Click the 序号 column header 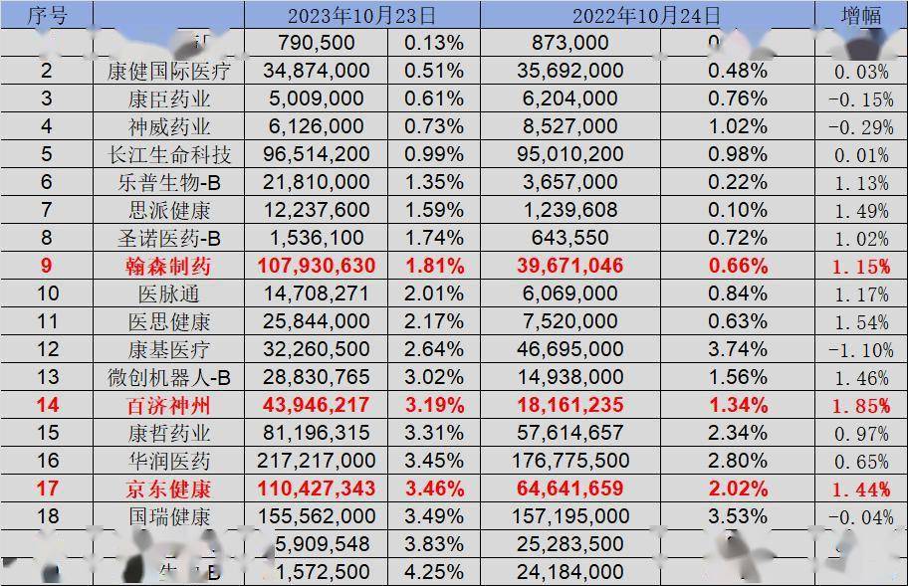(x=46, y=15)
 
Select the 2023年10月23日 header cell (x=361, y=15)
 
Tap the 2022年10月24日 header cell (x=646, y=15)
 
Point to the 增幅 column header (x=861, y=15)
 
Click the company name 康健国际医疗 (x=169, y=71)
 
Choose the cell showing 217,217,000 (x=317, y=461)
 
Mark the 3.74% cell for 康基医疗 (x=737, y=350)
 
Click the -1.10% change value (x=860, y=351)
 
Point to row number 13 (x=47, y=377)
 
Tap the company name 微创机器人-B (x=169, y=377)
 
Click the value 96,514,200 (x=317, y=155)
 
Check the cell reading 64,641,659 (x=570, y=488)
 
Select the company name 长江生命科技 (x=169, y=155)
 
